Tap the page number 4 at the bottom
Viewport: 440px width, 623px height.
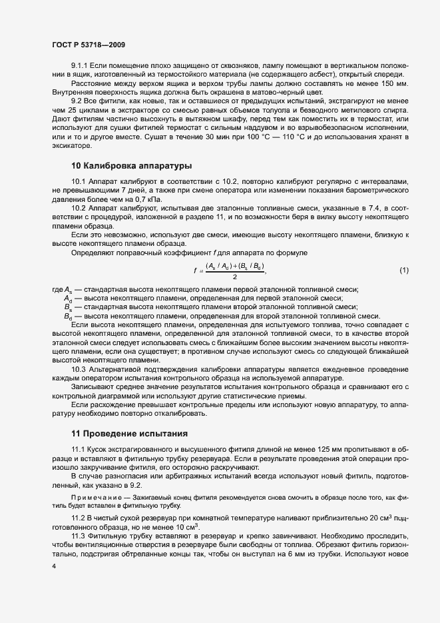click(x=53, y=566)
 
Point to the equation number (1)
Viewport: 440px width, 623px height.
click(x=404, y=270)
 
